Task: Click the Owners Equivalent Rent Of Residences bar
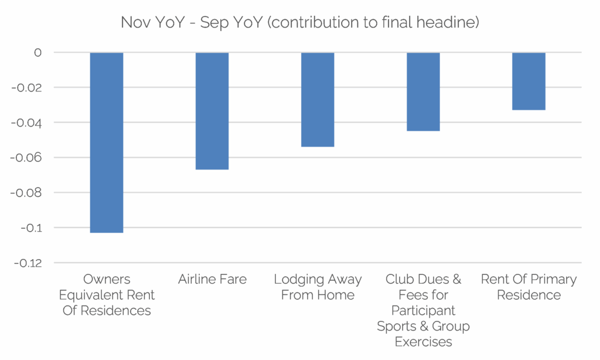coord(107,142)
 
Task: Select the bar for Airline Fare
coord(212,111)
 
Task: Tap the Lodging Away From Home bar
coord(318,100)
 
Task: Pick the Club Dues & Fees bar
coord(423,91)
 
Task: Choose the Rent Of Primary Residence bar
coord(529,81)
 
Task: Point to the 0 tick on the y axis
coord(37,53)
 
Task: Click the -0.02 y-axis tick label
coord(28,88)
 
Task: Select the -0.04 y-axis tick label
coord(28,123)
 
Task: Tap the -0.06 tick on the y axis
coord(28,158)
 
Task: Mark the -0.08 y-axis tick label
coord(28,193)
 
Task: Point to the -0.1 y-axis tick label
coord(30,228)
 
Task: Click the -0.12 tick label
coord(28,263)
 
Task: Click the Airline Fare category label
coord(212,280)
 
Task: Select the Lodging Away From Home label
coord(318,287)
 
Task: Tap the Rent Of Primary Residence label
coord(529,287)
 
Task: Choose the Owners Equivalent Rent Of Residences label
coord(107,295)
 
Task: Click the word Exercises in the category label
coord(423,342)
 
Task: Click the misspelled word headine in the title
coord(451,23)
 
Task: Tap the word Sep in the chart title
coord(211,23)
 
